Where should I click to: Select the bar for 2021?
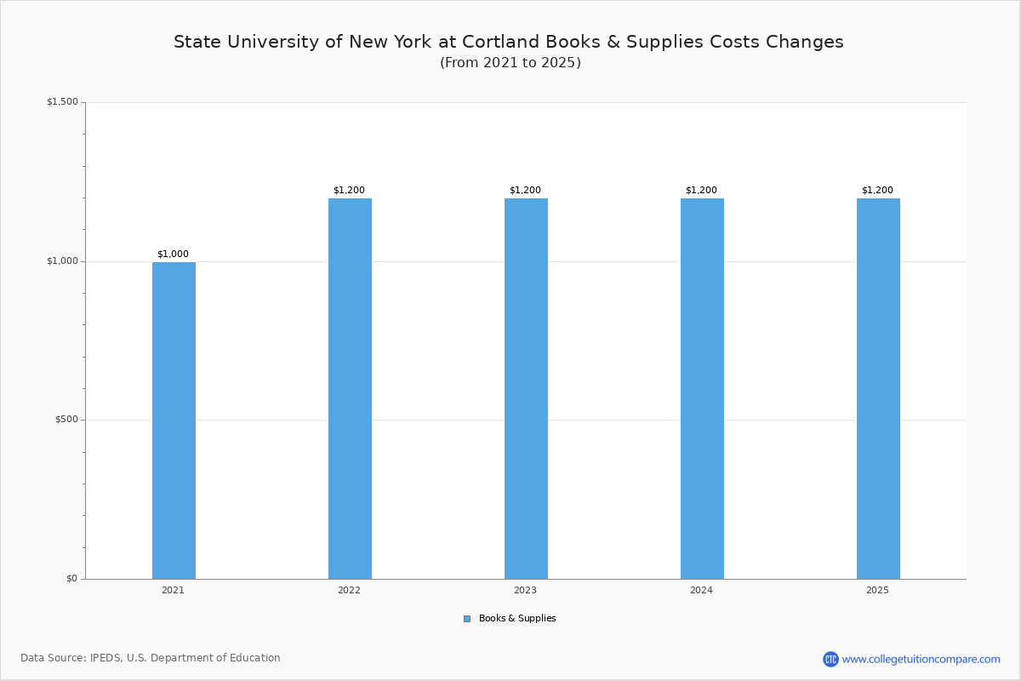point(174,421)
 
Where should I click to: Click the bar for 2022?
point(350,388)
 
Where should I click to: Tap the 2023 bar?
point(526,388)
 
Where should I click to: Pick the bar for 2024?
point(702,388)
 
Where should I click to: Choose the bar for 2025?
point(878,388)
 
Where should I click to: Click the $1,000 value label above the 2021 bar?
point(173,254)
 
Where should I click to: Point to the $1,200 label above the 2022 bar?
point(349,190)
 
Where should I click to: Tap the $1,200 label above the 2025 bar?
point(877,190)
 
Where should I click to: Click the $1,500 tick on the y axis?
point(62,102)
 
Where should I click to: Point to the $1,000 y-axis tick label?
point(62,261)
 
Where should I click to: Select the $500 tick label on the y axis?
point(66,420)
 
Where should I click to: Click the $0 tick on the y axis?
point(71,579)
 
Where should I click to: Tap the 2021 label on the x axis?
point(173,590)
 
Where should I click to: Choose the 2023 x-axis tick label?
point(525,590)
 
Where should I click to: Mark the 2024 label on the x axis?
point(701,590)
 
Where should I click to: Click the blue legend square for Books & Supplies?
point(467,619)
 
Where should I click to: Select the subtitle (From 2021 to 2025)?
point(510,63)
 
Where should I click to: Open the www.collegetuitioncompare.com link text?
point(921,659)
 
